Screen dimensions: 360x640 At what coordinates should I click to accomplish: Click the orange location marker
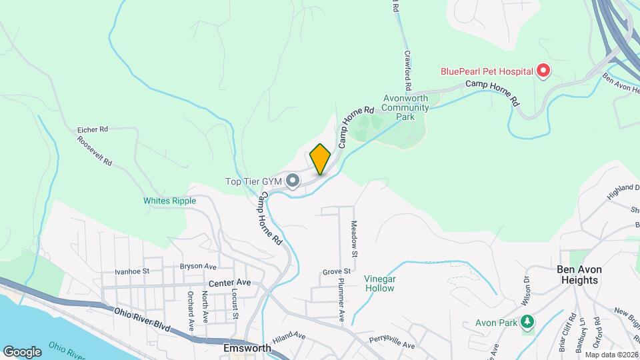(320, 159)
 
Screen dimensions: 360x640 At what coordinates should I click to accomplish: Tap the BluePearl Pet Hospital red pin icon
(543, 71)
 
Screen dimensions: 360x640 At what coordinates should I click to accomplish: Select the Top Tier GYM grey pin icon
(292, 180)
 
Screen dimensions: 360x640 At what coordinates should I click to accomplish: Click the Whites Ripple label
(169, 201)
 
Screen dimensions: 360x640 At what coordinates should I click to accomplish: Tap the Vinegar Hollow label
(379, 283)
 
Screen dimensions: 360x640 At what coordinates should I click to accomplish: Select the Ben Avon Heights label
(579, 275)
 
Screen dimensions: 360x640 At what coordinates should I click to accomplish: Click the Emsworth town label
(247, 348)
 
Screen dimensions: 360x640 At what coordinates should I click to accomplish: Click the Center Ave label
(229, 283)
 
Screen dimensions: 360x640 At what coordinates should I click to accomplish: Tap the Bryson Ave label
(199, 266)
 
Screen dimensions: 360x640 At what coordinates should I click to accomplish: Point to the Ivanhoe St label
(132, 271)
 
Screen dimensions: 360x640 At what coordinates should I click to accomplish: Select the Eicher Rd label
(92, 129)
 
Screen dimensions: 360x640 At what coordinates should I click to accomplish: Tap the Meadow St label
(355, 239)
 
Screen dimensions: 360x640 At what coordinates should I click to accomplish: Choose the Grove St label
(336, 271)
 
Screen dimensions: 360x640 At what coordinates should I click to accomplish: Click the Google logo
(22, 351)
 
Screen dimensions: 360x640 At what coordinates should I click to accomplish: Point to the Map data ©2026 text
(611, 355)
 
